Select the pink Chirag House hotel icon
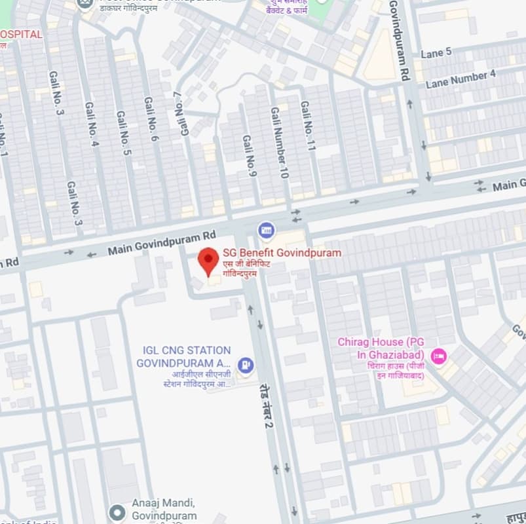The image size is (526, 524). coord(439,356)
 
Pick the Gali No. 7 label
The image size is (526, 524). coord(181,114)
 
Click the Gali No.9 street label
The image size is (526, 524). coord(249,156)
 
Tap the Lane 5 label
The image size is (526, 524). coord(436,53)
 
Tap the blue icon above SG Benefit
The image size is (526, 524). coord(265,231)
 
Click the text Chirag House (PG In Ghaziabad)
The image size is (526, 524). coord(381,348)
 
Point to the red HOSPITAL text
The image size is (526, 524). coord(21,34)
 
